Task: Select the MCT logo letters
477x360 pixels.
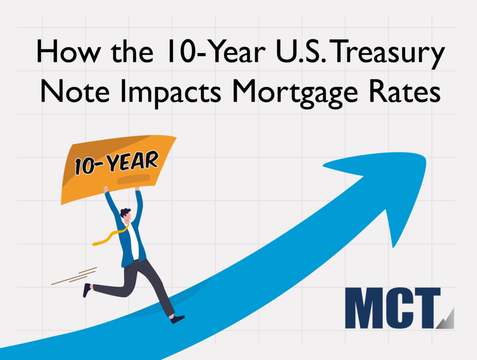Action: tap(394, 308)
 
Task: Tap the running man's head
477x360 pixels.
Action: tap(126, 215)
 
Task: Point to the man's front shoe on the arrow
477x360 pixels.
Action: tap(177, 319)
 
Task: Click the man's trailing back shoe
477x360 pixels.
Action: tap(87, 290)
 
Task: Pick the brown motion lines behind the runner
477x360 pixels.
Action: tap(75, 276)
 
